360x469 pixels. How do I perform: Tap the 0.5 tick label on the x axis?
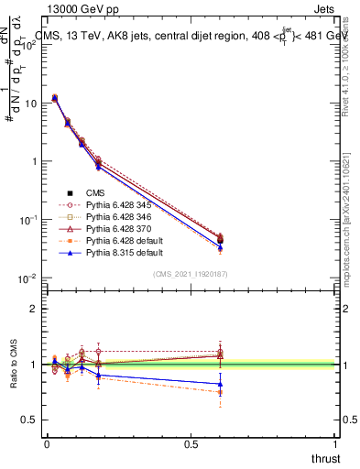[191, 444]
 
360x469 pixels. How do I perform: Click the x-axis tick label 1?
[335, 444]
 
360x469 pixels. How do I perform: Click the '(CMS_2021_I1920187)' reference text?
[191, 274]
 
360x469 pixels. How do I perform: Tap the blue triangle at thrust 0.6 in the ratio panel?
[219, 384]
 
